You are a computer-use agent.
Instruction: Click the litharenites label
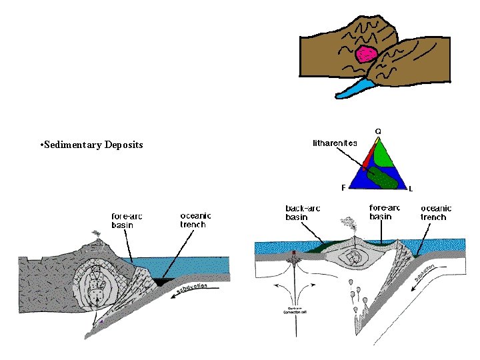pos(335,143)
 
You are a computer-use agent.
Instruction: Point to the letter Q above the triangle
pos(378,131)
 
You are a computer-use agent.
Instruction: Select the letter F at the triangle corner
pos(344,187)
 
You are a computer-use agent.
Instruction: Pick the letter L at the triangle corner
pos(411,189)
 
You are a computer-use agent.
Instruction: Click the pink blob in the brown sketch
pos(366,53)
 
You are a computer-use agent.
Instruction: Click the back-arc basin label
pos(303,213)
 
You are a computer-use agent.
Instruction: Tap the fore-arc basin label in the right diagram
pos(385,212)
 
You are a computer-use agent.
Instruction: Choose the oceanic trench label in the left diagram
pos(196,220)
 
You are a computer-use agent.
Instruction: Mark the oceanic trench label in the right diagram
pos(437,213)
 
